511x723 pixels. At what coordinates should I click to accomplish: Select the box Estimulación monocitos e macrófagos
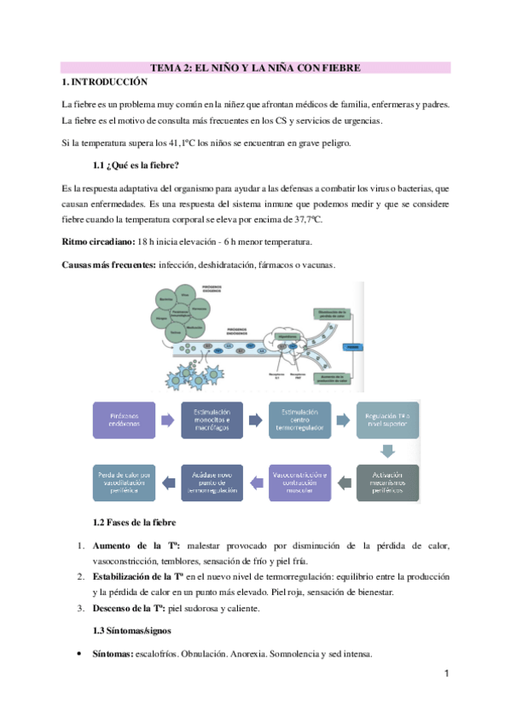click(x=212, y=420)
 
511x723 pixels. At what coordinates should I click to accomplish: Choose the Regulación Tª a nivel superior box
click(x=387, y=420)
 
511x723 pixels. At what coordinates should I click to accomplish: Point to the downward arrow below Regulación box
click(x=387, y=451)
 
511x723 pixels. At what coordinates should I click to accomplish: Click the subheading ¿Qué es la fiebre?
click(x=136, y=165)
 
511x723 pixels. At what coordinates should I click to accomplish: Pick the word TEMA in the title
click(x=165, y=67)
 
